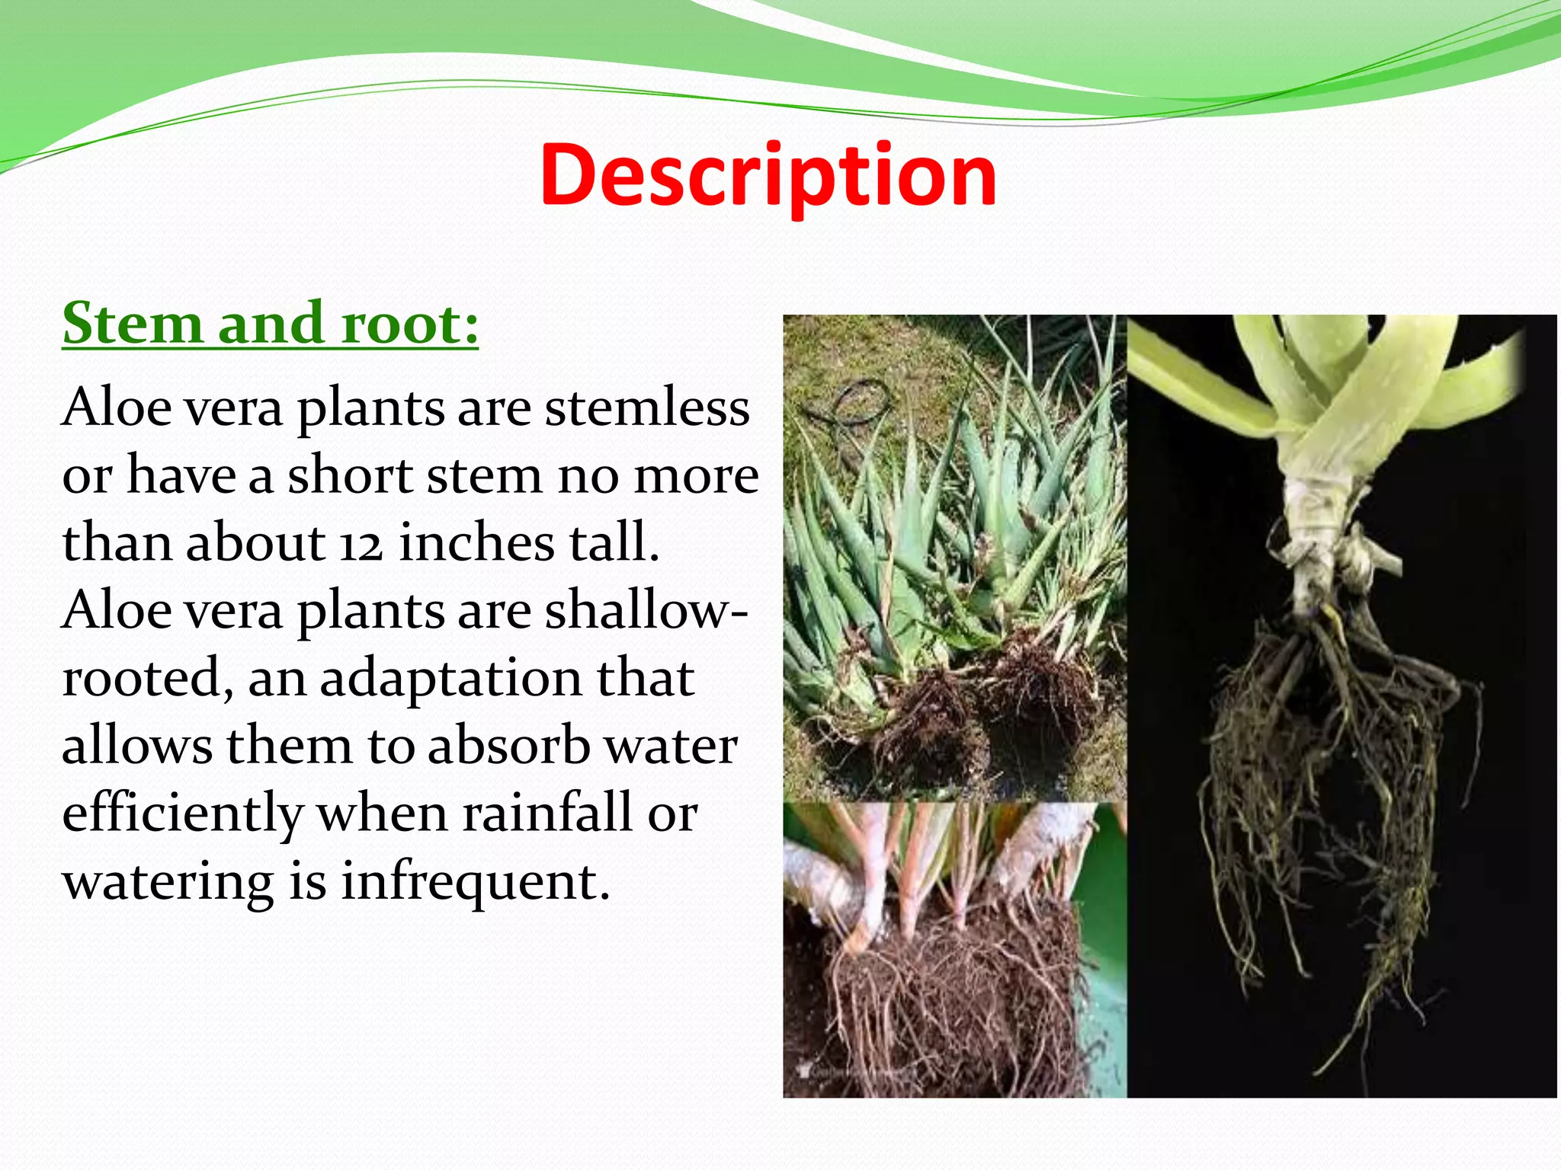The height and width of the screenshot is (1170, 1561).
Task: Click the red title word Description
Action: coord(768,177)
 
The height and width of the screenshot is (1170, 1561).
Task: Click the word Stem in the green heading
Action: coord(132,323)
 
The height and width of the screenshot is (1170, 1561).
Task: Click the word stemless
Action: coord(647,408)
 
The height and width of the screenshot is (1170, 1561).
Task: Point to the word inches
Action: coord(477,542)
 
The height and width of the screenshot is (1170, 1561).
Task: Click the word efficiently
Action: coord(183,814)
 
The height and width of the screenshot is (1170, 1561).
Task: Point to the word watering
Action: coord(168,882)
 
